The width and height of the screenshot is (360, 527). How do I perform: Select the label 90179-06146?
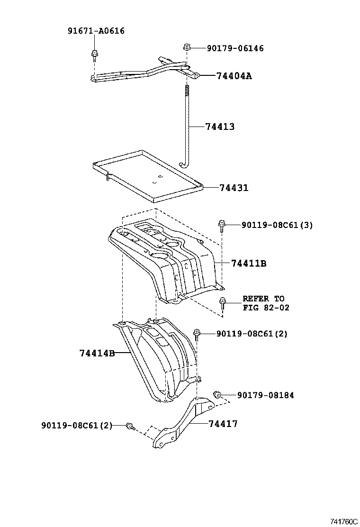tap(235, 48)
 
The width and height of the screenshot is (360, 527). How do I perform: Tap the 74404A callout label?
tap(234, 76)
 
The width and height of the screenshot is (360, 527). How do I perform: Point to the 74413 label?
tap(220, 127)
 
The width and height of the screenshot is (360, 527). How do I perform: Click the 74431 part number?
tap(234, 188)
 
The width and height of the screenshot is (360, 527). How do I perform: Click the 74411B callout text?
tap(249, 263)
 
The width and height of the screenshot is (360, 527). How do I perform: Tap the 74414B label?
tap(97, 353)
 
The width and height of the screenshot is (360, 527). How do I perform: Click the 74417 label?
tap(223, 424)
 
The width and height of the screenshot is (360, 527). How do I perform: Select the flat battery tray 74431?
tap(147, 178)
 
